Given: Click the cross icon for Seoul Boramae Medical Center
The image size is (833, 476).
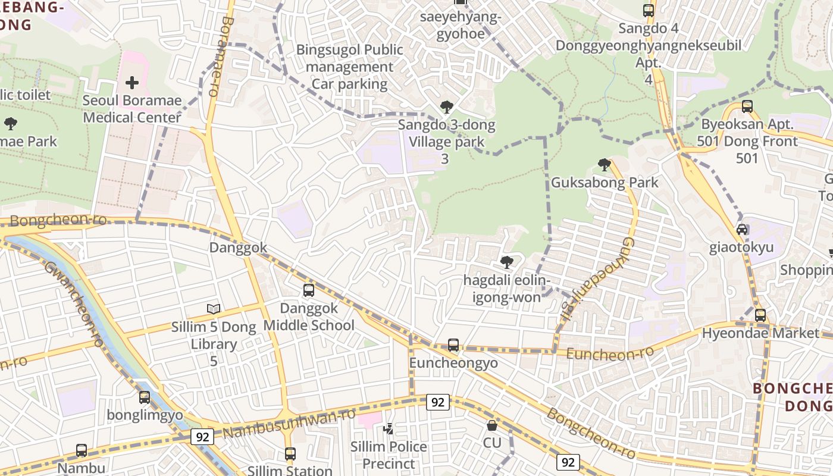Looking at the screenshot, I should (x=132, y=83).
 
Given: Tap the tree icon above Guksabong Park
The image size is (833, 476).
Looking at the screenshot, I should (x=605, y=164).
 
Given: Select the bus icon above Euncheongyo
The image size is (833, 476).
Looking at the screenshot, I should (x=453, y=345).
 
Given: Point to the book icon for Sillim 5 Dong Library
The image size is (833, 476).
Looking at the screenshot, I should (x=214, y=309).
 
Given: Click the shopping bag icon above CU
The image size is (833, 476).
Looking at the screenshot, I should (x=492, y=425).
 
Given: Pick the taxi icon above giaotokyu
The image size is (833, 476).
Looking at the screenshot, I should (x=742, y=229).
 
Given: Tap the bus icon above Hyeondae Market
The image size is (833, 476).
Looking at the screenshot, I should (x=760, y=315).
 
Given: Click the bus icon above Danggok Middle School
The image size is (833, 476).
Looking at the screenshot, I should (x=309, y=290).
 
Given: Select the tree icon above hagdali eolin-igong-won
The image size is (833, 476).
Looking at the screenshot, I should (x=507, y=262).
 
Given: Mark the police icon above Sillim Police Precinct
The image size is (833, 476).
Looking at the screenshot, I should (x=389, y=428).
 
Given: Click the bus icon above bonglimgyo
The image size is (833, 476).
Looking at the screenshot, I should (x=145, y=397).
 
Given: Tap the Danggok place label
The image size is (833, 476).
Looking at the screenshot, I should (x=238, y=248).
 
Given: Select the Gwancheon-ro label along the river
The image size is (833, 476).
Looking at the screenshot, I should (x=74, y=303).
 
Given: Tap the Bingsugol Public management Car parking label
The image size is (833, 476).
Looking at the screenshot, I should (x=350, y=67).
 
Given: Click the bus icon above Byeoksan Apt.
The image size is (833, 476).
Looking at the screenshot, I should (x=747, y=107).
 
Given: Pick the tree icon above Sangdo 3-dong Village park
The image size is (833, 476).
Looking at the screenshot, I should (x=446, y=107).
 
